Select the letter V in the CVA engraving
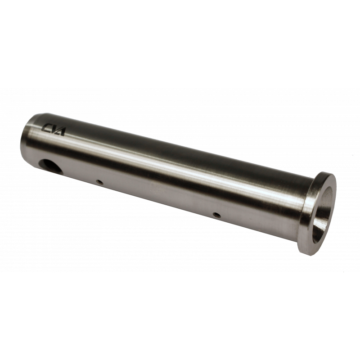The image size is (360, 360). (x=55, y=130)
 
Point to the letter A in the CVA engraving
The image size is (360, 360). (x=62, y=131)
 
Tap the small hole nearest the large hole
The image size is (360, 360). (x=99, y=182)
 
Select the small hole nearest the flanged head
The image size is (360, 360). (x=216, y=215)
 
